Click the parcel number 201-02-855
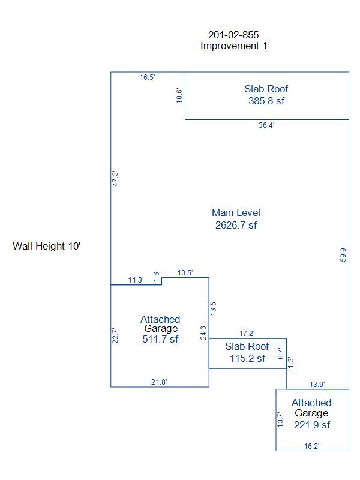(233, 35)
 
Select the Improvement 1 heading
(233, 46)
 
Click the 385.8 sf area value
(266, 101)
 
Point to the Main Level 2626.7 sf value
(236, 226)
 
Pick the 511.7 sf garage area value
(160, 339)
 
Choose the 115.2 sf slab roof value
(247, 358)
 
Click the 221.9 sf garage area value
(311, 425)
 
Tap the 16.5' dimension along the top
(148, 77)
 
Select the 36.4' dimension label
(266, 125)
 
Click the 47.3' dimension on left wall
(116, 179)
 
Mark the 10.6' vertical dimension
(179, 96)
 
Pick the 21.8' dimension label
(160, 382)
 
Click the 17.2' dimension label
(247, 332)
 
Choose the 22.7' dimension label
(116, 335)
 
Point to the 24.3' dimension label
(203, 332)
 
